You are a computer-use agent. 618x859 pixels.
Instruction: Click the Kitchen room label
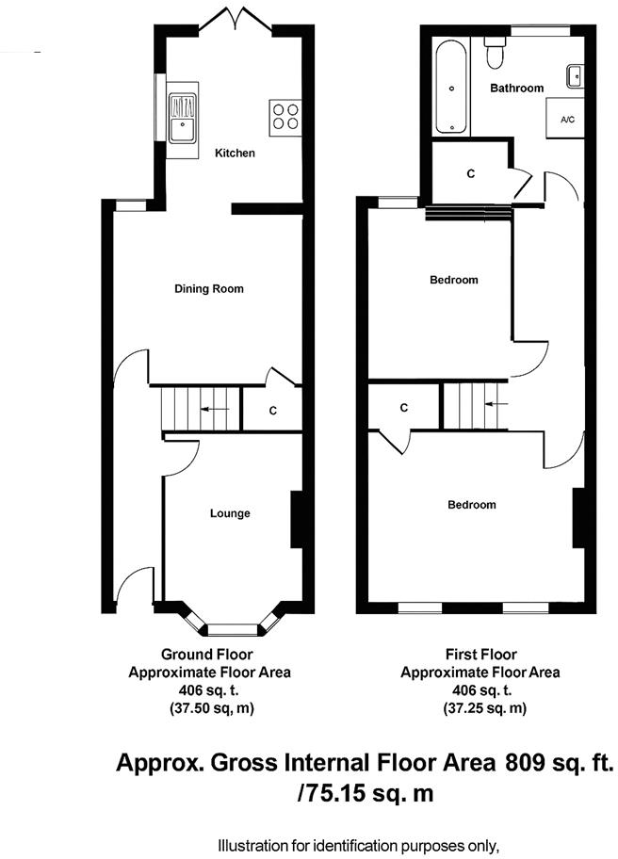[235, 153]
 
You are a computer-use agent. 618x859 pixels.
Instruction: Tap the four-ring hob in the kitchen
[285, 114]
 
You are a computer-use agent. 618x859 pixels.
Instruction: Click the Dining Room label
[208, 288]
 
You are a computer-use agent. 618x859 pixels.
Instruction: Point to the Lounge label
[230, 513]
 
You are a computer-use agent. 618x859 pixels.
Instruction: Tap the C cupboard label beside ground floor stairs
[272, 411]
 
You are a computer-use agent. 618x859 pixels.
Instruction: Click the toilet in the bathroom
[494, 55]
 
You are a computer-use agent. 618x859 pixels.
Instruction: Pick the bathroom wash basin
[575, 74]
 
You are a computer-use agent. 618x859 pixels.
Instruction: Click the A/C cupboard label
[567, 121]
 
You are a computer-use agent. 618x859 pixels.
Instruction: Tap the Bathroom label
[517, 88]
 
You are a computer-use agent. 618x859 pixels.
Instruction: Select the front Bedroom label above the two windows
[471, 505]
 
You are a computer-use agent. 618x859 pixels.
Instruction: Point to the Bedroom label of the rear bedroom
[453, 280]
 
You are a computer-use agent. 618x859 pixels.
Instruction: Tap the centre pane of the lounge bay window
[232, 626]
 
